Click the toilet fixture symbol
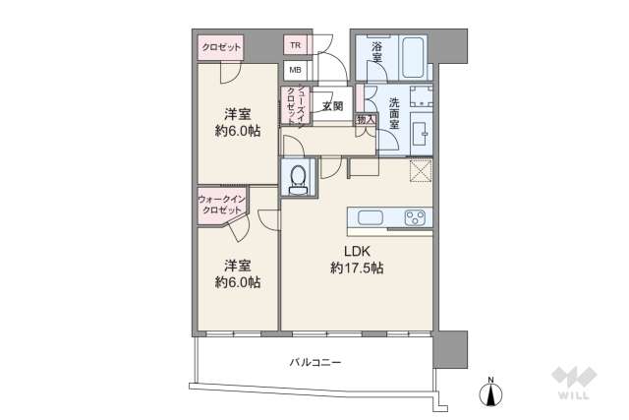click(299, 177)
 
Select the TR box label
click(295, 45)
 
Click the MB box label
click(295, 70)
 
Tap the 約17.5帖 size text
click(356, 268)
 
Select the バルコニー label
click(314, 363)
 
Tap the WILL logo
click(574, 384)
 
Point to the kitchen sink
click(369, 217)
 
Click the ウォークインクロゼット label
click(221, 206)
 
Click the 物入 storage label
click(366, 119)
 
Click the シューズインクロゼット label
click(292, 105)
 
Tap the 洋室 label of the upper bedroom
click(234, 112)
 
